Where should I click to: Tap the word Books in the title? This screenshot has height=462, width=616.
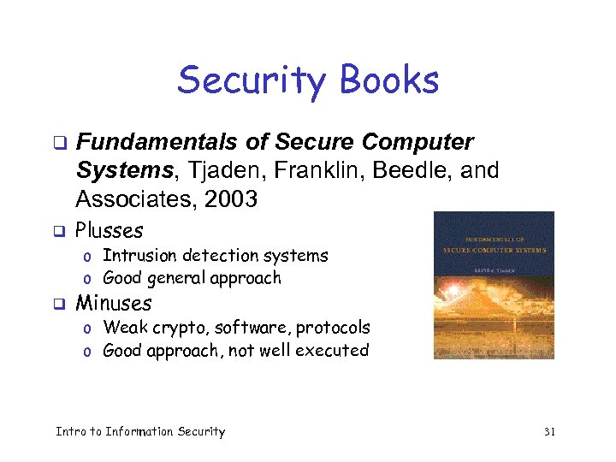388,81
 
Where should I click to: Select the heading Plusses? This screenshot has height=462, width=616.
110,230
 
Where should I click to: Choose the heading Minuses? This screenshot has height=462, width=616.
114,303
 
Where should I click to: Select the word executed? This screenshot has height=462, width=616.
334,350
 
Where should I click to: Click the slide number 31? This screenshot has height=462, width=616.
549,432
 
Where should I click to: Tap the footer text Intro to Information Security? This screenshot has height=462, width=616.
140,432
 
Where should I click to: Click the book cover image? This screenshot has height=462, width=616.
494,285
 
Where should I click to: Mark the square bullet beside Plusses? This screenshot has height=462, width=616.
60,231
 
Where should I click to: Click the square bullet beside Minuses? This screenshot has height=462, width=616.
60,304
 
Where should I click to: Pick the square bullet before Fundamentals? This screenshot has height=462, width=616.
60,142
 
